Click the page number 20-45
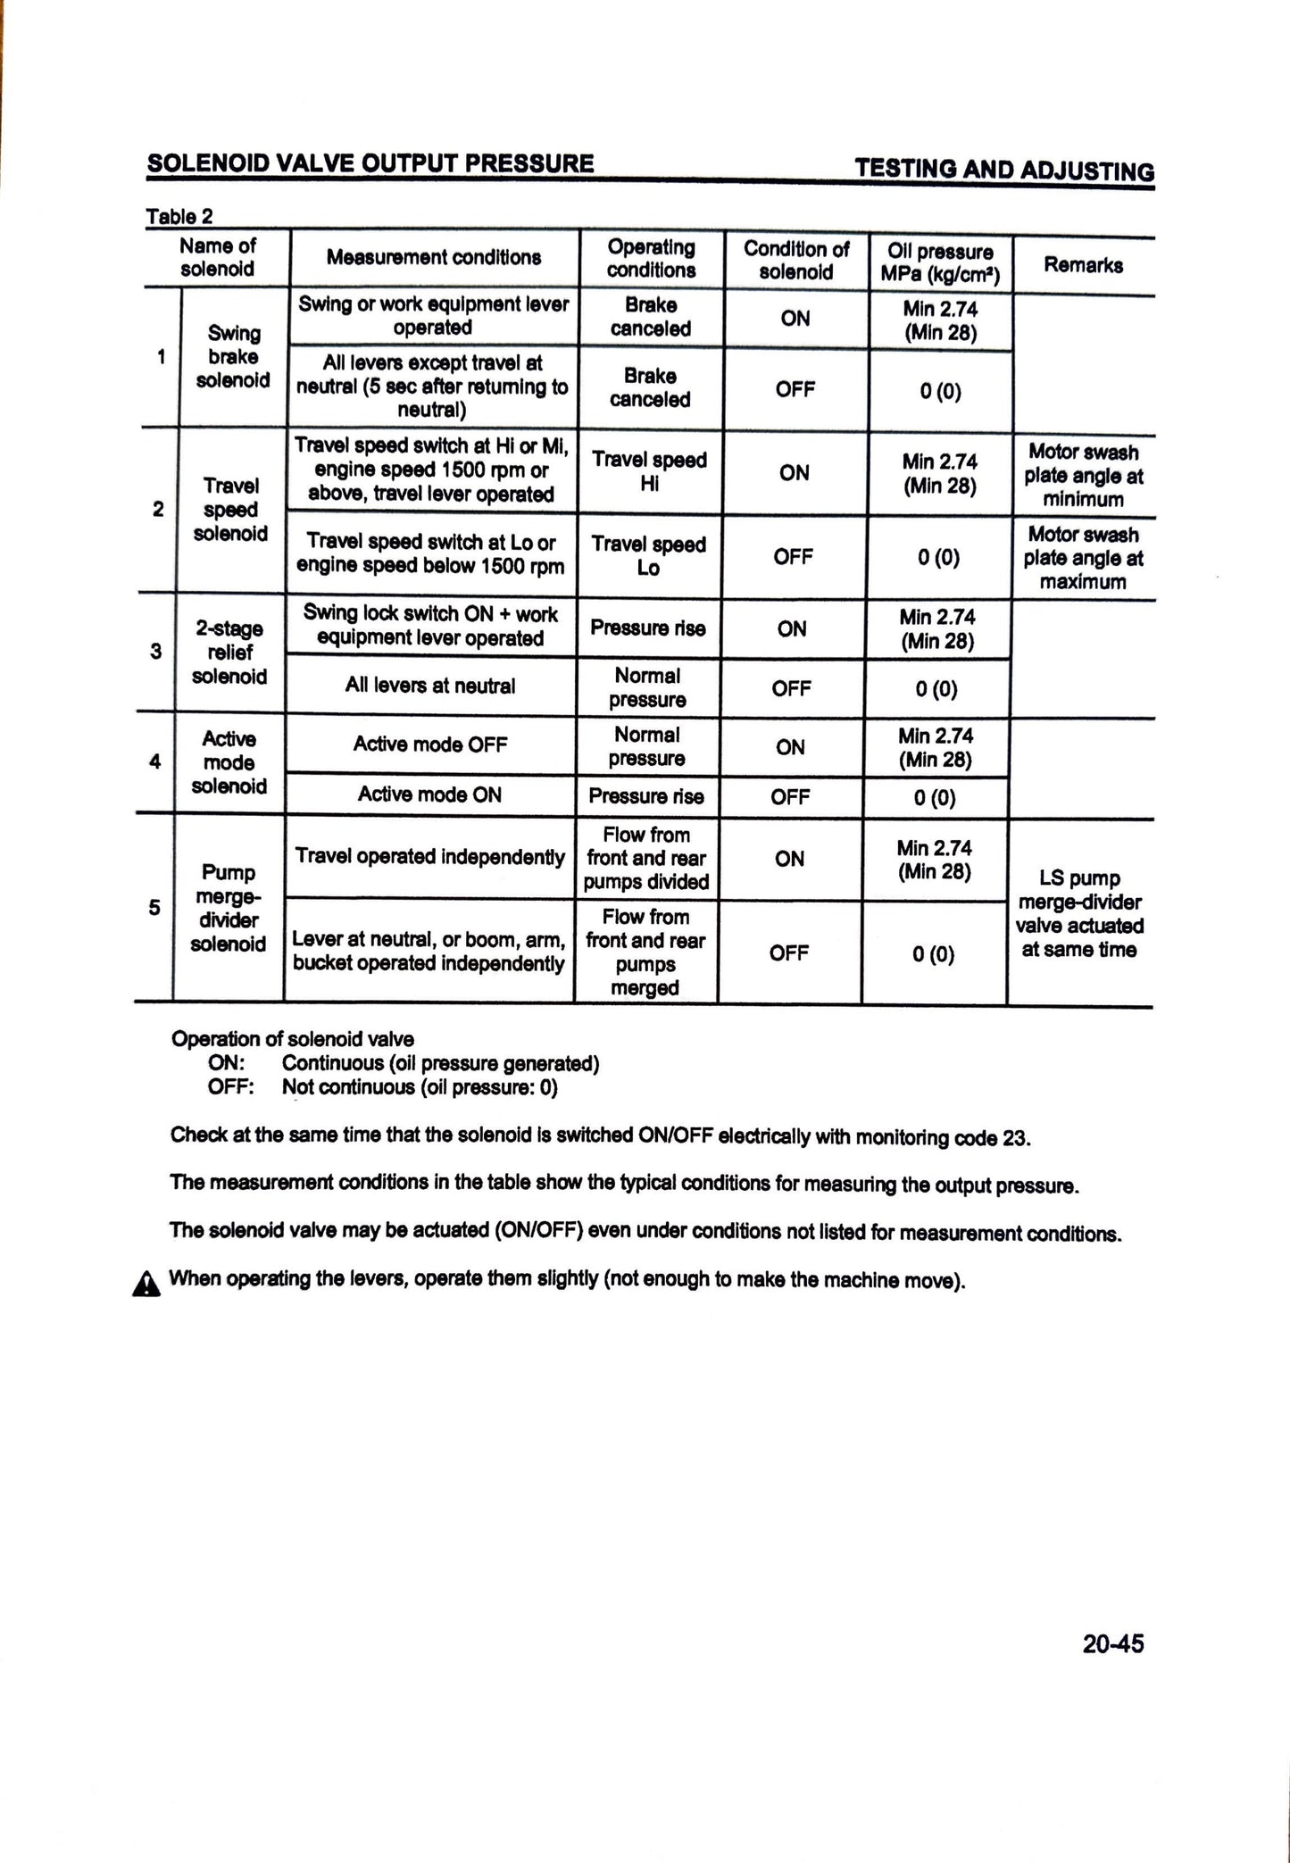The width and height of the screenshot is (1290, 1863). pyautogui.click(x=1112, y=1643)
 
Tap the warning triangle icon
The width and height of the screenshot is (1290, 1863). pyautogui.click(x=146, y=1285)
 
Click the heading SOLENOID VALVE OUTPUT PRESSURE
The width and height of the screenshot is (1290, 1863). pyautogui.click(x=370, y=163)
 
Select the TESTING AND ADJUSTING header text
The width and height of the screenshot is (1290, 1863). pyautogui.click(x=1003, y=170)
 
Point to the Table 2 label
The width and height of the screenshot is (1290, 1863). pyautogui.click(x=179, y=216)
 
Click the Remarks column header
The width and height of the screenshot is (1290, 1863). pyautogui.click(x=1083, y=265)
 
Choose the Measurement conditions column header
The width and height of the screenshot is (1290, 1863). pyautogui.click(x=433, y=258)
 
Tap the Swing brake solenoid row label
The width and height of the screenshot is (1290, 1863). pyautogui.click(x=233, y=357)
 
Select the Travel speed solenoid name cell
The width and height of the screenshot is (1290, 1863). pyautogui.click(x=230, y=510)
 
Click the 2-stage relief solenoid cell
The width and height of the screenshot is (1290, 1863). pyautogui.click(x=229, y=653)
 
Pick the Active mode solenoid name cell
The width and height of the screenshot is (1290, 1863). pyautogui.click(x=229, y=762)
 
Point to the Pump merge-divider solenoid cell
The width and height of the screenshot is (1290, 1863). pyautogui.click(x=228, y=908)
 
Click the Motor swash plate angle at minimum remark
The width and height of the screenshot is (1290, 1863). pyautogui.click(x=1083, y=476)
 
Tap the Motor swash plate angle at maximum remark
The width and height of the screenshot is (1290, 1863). pyautogui.click(x=1083, y=558)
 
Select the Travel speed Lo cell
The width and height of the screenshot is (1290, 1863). pyautogui.click(x=648, y=555)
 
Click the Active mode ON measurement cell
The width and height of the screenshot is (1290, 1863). pyautogui.click(x=429, y=794)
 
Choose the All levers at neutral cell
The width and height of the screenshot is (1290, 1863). pyautogui.click(x=429, y=686)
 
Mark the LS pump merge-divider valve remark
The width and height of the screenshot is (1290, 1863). pyautogui.click(x=1079, y=914)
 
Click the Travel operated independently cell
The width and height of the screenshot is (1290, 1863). pyautogui.click(x=429, y=857)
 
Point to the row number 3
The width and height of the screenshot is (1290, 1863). pyautogui.click(x=156, y=651)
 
